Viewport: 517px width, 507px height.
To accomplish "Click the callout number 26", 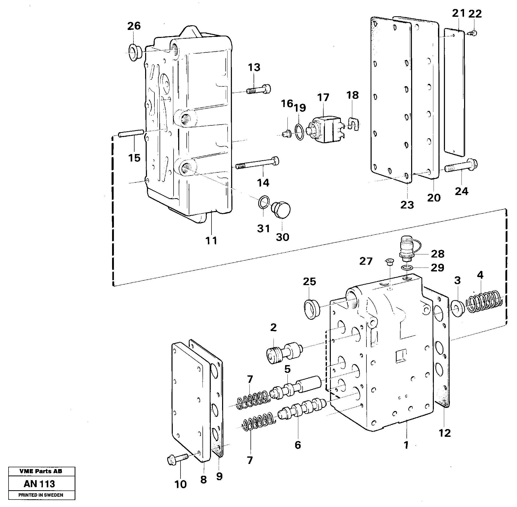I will tap(134, 26).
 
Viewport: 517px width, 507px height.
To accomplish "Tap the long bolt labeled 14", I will tap(257, 164).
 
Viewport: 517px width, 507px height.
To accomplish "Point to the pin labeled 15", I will tap(131, 133).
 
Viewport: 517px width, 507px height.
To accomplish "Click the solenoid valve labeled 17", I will tap(326, 130).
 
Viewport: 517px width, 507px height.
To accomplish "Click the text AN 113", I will tap(39, 484).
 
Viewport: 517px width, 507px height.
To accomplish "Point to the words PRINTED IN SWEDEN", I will tap(41, 495).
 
